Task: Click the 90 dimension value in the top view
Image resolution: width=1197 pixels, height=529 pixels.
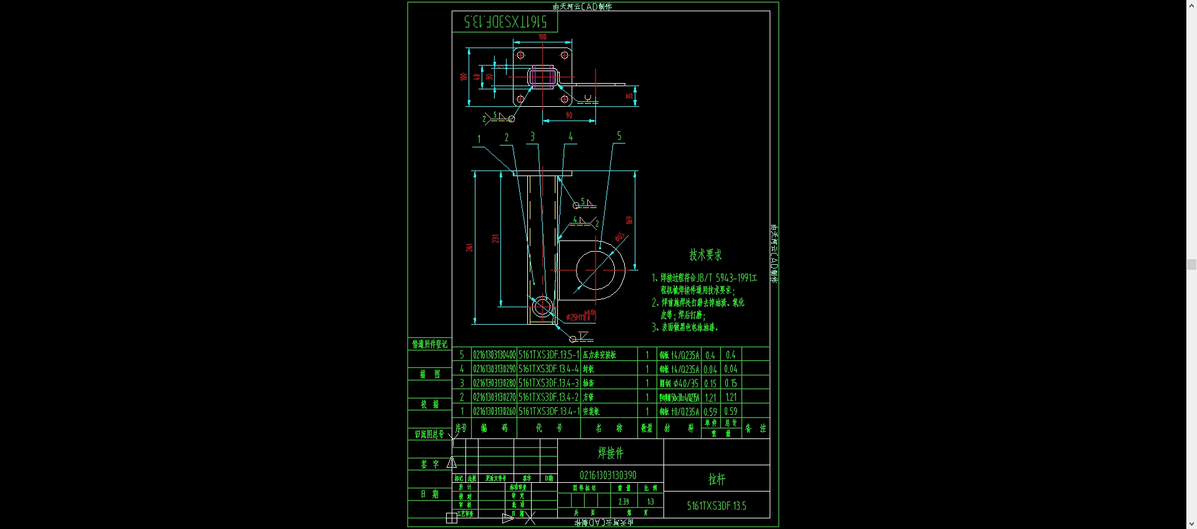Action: coord(569,115)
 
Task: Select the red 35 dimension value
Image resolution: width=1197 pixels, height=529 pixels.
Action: coord(629,96)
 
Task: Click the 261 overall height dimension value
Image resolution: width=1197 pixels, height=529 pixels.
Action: coord(469,247)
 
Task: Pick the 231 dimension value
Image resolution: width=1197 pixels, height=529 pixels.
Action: coord(495,239)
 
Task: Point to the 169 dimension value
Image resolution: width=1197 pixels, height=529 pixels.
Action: coord(629,220)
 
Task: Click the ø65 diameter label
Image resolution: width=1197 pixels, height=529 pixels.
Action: coord(619,237)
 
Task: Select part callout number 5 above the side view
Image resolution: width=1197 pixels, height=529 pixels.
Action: coord(619,136)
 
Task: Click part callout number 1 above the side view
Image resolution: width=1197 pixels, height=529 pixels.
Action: coord(479,139)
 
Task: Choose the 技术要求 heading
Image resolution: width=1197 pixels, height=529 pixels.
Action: coord(705,255)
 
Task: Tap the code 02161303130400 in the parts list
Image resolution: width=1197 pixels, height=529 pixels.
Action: coord(494,355)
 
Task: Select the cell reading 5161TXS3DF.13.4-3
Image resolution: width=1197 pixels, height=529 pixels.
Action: coord(549,383)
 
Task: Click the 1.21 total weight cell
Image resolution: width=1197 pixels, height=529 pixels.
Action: coord(730,397)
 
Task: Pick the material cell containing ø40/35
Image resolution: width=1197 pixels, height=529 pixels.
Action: coord(679,383)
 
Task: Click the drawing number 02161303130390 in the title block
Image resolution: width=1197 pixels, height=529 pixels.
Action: coord(608,475)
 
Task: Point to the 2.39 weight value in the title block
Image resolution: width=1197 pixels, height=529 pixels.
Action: coord(623,502)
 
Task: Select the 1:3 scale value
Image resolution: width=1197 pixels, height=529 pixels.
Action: coord(650,502)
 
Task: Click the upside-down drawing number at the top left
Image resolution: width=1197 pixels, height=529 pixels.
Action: coord(505,22)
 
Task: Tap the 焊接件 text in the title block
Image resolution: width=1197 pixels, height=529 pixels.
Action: coord(610,453)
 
